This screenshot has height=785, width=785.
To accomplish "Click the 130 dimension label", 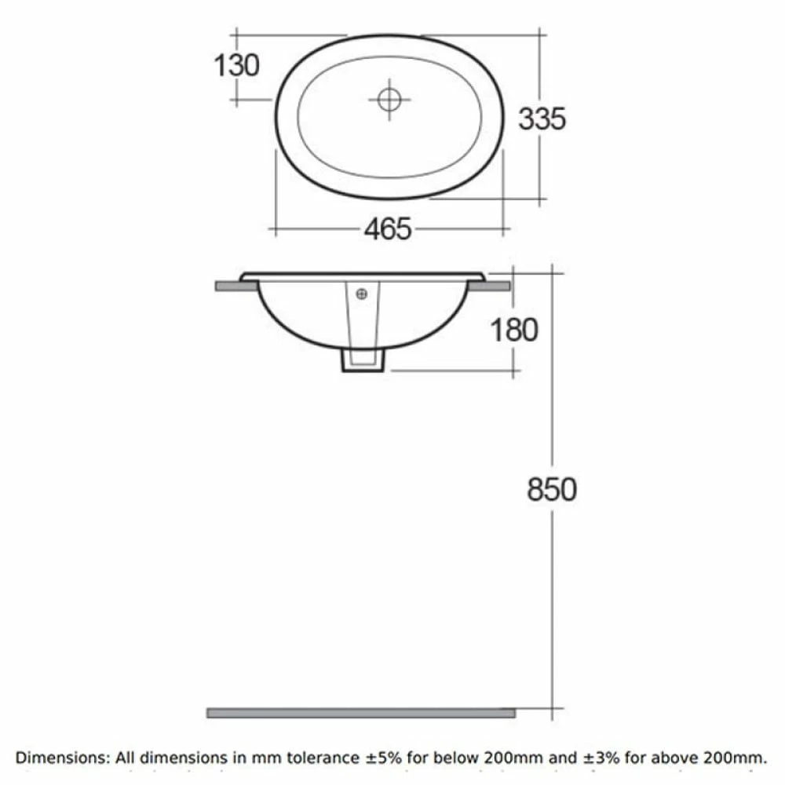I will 236,64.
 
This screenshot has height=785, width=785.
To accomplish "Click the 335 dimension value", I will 542,119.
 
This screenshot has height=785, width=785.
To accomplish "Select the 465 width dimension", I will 387,229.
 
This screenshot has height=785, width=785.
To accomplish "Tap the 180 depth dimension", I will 514,330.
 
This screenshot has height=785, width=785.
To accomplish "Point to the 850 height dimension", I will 551,489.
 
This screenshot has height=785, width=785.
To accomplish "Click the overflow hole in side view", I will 362,295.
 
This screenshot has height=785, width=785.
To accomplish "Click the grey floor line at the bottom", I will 361,713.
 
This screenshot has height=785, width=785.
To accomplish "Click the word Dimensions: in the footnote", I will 64,758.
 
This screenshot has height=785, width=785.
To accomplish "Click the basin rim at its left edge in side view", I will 245,276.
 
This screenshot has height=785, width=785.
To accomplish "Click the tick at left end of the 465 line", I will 275,229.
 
